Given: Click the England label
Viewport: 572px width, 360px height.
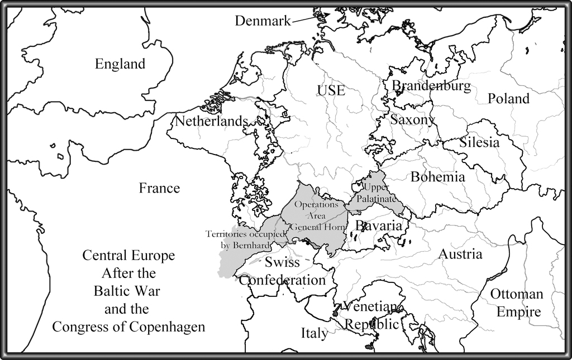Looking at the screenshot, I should (x=120, y=64).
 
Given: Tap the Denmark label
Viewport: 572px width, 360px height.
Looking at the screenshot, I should (x=263, y=21).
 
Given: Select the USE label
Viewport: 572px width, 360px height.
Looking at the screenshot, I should (x=331, y=90).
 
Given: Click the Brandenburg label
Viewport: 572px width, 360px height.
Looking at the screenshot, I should (x=431, y=86).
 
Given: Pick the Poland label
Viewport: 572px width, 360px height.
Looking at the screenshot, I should (x=508, y=99).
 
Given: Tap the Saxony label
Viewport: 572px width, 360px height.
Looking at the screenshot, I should (x=412, y=119).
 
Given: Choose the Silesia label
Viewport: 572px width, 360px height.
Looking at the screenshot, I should (x=479, y=142).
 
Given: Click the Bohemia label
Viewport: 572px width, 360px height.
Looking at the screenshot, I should (x=437, y=177).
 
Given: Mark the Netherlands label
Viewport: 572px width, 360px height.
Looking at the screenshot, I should (x=212, y=121).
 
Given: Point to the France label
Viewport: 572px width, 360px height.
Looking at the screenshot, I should (x=159, y=188).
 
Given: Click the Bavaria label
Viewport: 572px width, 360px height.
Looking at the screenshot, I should (x=379, y=226).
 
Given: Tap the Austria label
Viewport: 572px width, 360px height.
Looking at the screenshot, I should (x=460, y=255).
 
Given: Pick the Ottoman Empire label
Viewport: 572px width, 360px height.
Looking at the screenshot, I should (x=516, y=303).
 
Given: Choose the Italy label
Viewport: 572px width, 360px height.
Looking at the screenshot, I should (x=314, y=334).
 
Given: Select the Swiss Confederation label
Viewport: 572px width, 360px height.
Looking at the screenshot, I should (x=282, y=271).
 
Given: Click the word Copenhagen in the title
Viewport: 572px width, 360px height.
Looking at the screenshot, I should (x=165, y=327).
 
